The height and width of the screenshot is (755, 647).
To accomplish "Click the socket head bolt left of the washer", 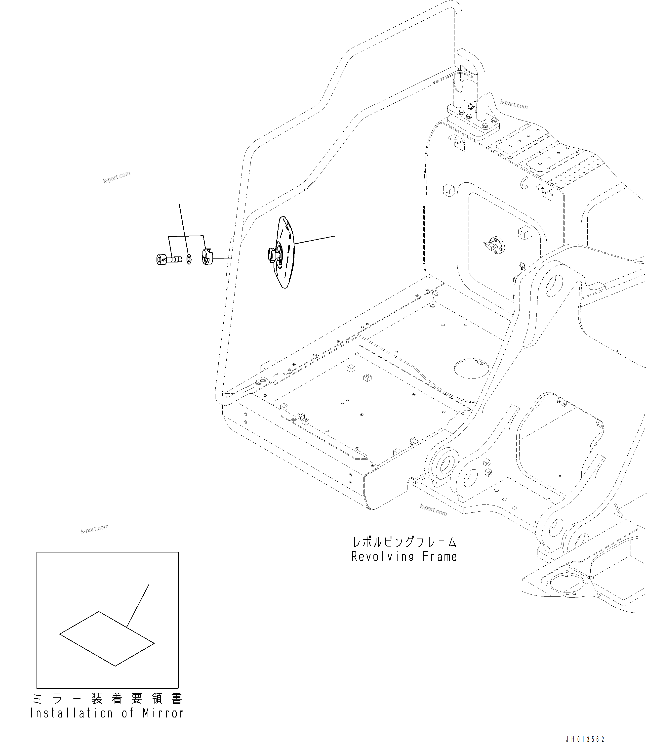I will pos(168,259).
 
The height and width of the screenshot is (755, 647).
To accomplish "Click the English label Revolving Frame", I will pos(404,557).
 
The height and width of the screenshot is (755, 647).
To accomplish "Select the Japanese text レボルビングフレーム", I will pos(404,542).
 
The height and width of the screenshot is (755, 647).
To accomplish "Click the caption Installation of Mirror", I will pos(107,713).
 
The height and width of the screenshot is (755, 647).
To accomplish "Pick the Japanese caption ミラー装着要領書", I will pos(107,699).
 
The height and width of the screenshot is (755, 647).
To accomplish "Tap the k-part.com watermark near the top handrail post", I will pos(514,105).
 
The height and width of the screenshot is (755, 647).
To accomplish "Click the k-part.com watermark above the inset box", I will pos(95,529).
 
